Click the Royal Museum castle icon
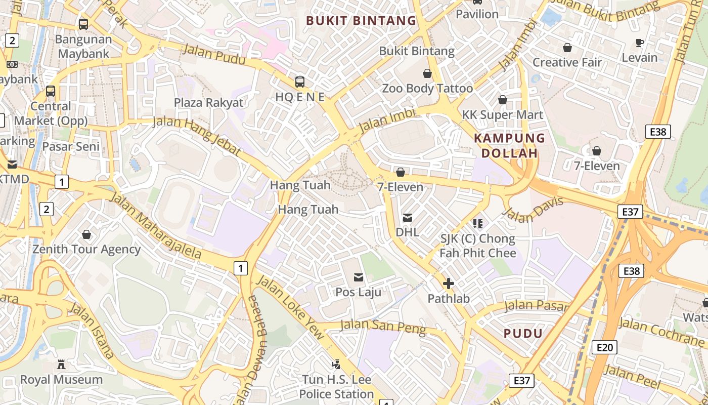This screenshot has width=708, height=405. point(61,364)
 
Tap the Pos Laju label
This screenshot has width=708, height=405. point(359,292)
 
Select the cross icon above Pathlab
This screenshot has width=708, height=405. point(448,283)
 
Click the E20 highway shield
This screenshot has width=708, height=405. point(604,347)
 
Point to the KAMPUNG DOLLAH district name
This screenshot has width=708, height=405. point(509,146)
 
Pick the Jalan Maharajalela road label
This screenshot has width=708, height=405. point(156,226)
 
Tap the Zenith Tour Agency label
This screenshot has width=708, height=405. point(86,249)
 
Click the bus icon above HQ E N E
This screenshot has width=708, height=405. point(300,82)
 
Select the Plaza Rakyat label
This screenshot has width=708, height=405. point(208,103)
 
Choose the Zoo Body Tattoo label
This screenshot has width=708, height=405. point(427,89)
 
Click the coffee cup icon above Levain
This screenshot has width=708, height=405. point(640,43)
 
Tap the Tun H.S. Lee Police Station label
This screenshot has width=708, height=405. point(336,387)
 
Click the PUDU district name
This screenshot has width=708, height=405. point(523,333)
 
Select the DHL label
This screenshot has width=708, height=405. point(407,232)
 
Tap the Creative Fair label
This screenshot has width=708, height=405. point(567,62)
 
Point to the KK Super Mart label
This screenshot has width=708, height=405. point(503,115)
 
